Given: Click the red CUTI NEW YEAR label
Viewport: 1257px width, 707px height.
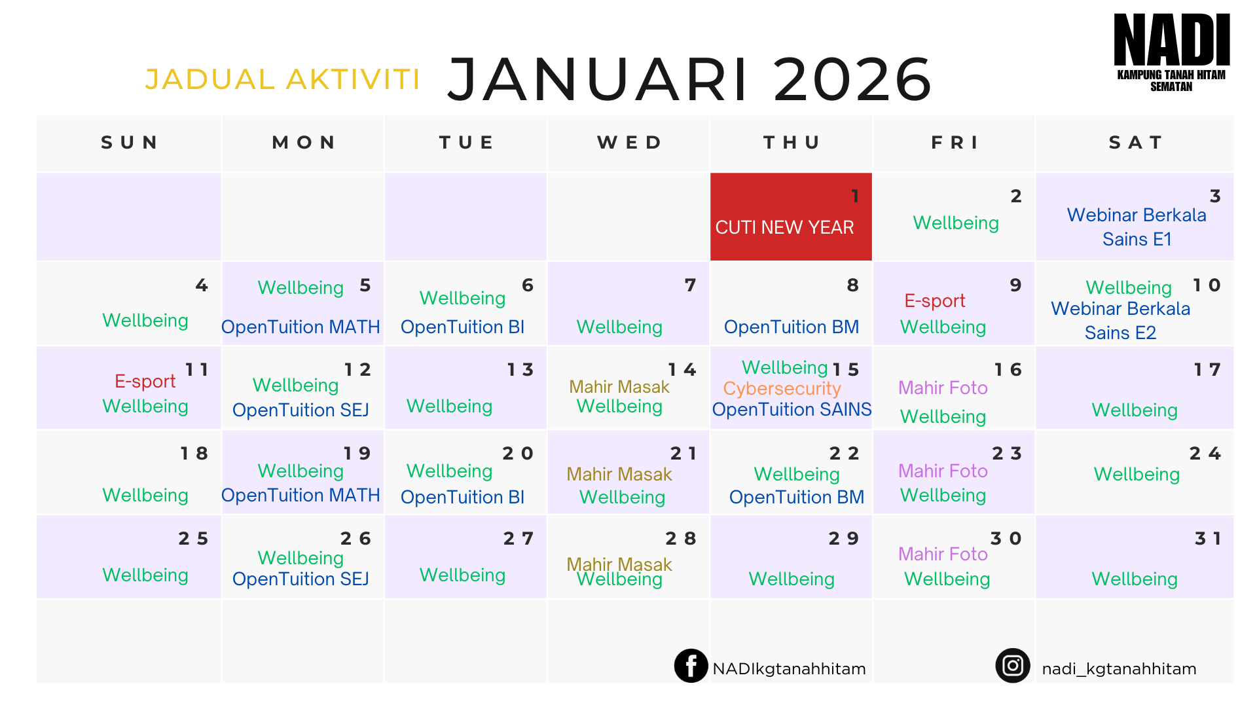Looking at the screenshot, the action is pyautogui.click(x=784, y=227).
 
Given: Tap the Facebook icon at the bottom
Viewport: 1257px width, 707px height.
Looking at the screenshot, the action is pyautogui.click(x=691, y=666).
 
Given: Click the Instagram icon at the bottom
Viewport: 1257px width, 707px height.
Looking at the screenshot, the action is pyautogui.click(x=1013, y=666).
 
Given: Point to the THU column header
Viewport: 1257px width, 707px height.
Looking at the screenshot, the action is pyautogui.click(x=792, y=143).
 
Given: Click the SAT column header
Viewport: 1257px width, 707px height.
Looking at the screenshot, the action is pyautogui.click(x=1136, y=143).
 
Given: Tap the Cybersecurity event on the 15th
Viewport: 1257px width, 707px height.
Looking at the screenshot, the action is pyautogui.click(x=782, y=388).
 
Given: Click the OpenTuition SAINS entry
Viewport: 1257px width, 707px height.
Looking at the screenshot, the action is pyautogui.click(x=792, y=409).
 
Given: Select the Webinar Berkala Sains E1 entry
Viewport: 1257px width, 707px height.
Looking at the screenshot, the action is pyautogui.click(x=1137, y=227).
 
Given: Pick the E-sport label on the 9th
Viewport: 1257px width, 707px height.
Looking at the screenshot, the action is pyautogui.click(x=934, y=300).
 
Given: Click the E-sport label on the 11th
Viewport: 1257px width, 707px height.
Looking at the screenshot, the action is pyautogui.click(x=145, y=381).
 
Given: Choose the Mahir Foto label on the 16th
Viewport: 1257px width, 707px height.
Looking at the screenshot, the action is pyautogui.click(x=943, y=388).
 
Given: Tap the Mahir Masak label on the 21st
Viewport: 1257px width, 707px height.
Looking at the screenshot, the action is pyautogui.click(x=619, y=474).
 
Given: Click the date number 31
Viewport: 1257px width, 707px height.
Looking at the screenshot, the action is pyautogui.click(x=1208, y=538).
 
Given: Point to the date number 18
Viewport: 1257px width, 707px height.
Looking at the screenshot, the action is pyautogui.click(x=194, y=453).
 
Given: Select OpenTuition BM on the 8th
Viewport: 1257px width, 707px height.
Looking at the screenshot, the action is pyautogui.click(x=791, y=327).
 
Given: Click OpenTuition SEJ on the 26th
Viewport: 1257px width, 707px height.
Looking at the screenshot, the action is pyautogui.click(x=301, y=579).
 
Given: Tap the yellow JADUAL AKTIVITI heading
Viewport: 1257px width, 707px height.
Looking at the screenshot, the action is pyautogui.click(x=282, y=79).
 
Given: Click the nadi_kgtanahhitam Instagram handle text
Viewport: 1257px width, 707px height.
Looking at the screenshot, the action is pyautogui.click(x=1119, y=668).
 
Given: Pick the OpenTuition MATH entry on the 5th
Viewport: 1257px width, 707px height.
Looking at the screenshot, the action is pyautogui.click(x=301, y=327).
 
